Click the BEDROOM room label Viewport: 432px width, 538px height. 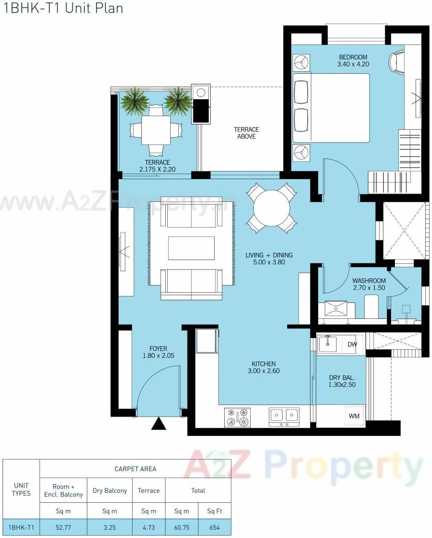pyautogui.click(x=353, y=57)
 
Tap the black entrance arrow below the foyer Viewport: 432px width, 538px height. pyautogui.click(x=159, y=424)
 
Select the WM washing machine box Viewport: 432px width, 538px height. pyautogui.click(x=354, y=415)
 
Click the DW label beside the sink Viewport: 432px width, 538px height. pyautogui.click(x=352, y=344)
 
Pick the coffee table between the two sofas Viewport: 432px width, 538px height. pyautogui.click(x=191, y=249)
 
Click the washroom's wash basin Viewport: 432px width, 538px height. pyautogui.click(x=336, y=308)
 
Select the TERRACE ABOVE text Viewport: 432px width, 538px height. pyautogui.click(x=246, y=133)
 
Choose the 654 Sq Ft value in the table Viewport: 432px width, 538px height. pyautogui.click(x=215, y=527)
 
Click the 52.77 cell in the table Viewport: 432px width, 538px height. pyautogui.click(x=63, y=527)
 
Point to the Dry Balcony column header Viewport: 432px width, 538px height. pyautogui.click(x=110, y=491)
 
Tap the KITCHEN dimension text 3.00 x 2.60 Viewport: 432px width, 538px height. pyautogui.click(x=263, y=371)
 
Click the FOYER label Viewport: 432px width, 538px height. pyautogui.click(x=158, y=349)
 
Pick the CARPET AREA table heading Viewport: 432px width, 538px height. pyautogui.click(x=135, y=469)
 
